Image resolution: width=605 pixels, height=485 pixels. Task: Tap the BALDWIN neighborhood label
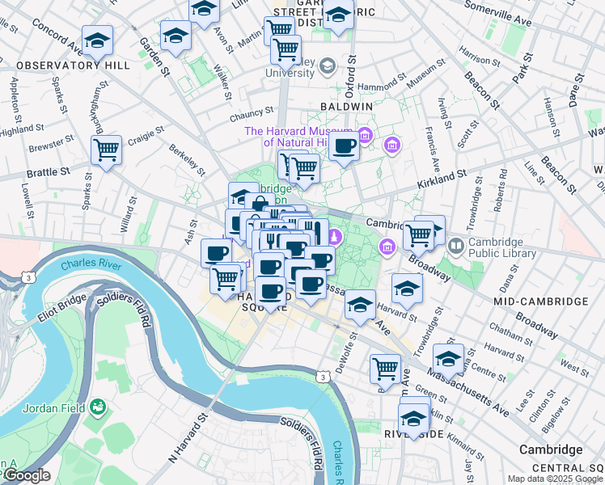pos(346,106)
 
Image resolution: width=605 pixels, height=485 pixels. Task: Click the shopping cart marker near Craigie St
pos(106,149)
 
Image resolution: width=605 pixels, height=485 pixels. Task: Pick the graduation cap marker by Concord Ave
pos(97,40)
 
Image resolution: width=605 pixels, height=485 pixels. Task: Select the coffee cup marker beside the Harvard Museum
pos(344,146)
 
